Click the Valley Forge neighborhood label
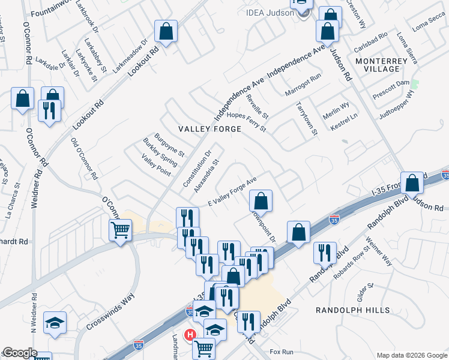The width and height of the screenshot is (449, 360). pos(209,129)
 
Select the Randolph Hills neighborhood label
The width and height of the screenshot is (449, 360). pos(353,310)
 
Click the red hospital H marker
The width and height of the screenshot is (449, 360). pos(191,335)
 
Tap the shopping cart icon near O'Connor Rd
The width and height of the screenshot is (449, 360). pos(121,229)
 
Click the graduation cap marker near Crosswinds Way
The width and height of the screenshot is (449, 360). pos(55,323)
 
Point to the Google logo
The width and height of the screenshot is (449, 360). pos(19,353)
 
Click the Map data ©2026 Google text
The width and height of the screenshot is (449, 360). pos(411,355)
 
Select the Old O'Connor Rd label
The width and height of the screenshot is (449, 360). pos(84,158)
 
